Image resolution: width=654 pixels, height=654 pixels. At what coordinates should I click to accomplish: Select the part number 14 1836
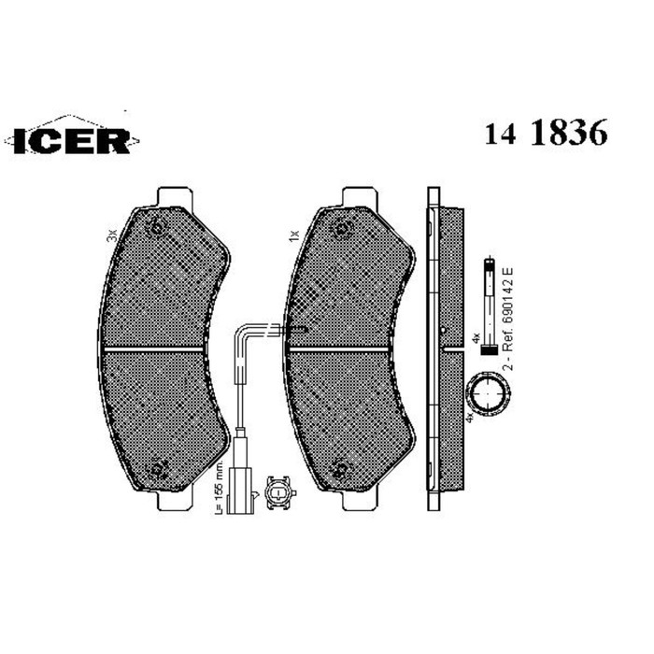(546, 134)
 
